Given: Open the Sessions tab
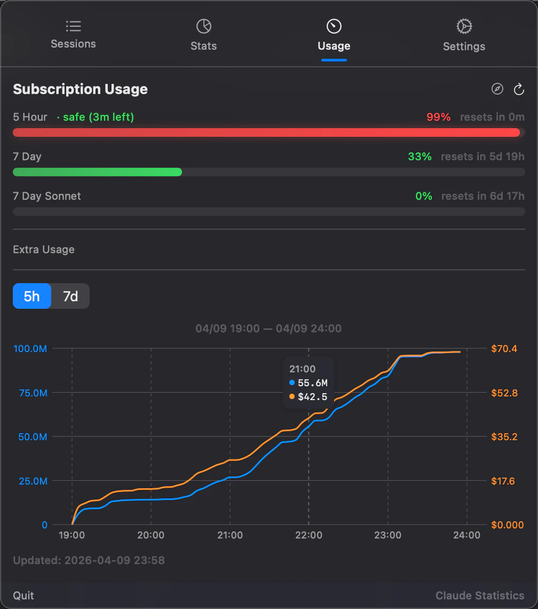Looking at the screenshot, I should pyautogui.click(x=73, y=35).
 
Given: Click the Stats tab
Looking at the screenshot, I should pyautogui.click(x=203, y=35).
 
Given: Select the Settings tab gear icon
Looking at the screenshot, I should pyautogui.click(x=464, y=26).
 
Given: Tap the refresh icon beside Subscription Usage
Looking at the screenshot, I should pyautogui.click(x=519, y=89).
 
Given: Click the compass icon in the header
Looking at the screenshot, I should pyautogui.click(x=497, y=89).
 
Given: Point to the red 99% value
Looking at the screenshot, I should pyautogui.click(x=438, y=117).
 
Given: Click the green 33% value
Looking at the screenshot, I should pyautogui.click(x=420, y=157).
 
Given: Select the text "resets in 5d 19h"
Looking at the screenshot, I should pyautogui.click(x=482, y=157).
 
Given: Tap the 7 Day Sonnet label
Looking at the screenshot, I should pyautogui.click(x=47, y=196).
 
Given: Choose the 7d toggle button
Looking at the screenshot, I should pyautogui.click(x=70, y=296).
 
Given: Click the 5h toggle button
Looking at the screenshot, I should pyautogui.click(x=32, y=296).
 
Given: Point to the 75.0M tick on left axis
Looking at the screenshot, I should pyautogui.click(x=30, y=393).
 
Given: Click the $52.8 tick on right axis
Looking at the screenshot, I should pyautogui.click(x=504, y=393).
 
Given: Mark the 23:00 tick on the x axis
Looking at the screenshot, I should pyautogui.click(x=388, y=535).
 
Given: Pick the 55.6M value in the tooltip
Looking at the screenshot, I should pyautogui.click(x=312, y=382).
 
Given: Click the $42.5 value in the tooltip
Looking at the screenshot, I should pyautogui.click(x=312, y=396).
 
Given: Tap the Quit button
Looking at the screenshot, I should pyautogui.click(x=23, y=596).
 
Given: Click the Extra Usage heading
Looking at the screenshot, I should pyautogui.click(x=44, y=249).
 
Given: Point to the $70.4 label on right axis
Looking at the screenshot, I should pyautogui.click(x=504, y=349).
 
